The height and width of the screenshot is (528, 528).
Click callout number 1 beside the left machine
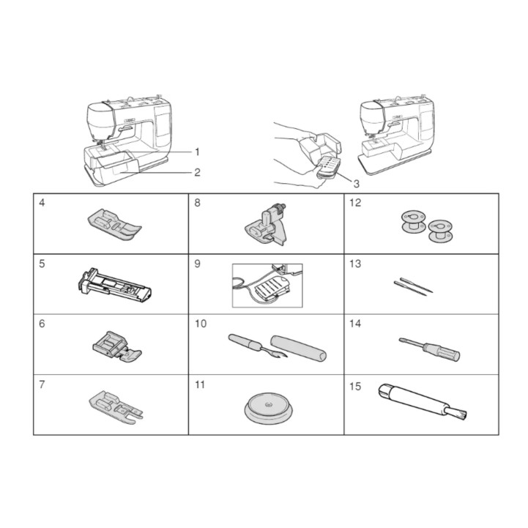tap(197, 152)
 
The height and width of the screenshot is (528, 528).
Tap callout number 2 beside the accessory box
tap(197, 172)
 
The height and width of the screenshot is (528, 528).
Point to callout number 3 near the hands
tap(356, 184)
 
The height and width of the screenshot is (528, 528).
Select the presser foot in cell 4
tap(114, 225)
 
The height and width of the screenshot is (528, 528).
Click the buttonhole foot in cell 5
tap(114, 285)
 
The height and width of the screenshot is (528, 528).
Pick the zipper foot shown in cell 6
tap(117, 347)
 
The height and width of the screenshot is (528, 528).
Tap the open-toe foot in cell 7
tap(116, 406)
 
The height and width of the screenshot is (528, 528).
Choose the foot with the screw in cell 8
tap(266, 225)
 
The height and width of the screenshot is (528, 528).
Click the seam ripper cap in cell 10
tap(298, 348)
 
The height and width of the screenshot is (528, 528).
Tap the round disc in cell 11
tap(268, 408)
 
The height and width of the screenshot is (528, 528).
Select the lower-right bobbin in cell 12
tap(440, 231)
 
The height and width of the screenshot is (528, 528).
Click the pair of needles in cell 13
tap(413, 286)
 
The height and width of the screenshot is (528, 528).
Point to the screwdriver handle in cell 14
tap(442, 352)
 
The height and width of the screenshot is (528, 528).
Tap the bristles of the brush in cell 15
tap(460, 413)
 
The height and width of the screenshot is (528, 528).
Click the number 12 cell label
tap(355, 203)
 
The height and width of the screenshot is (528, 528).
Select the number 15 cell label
tap(356, 387)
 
